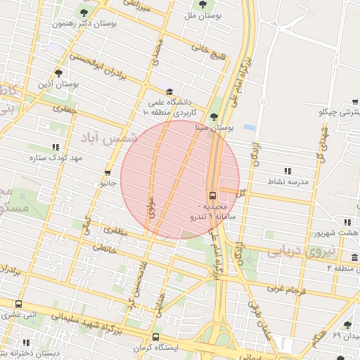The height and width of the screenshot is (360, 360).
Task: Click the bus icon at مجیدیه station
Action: pos(212,195)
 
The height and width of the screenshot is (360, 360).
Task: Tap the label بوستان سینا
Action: pos(215,129)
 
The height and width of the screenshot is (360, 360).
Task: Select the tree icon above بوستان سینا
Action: pos(214,117)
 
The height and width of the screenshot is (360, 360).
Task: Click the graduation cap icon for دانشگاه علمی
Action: pos(169,92)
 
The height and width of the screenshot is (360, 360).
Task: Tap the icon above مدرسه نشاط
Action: pos(287,171)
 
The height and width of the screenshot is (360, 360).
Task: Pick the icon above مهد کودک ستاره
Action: pos(55,147)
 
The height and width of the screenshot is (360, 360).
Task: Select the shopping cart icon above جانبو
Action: pos(108,173)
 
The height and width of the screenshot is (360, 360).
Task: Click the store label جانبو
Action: pos(108,184)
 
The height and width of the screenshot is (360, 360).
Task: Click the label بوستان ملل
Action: pos(204,14)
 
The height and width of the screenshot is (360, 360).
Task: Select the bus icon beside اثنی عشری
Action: pos(18,304)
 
